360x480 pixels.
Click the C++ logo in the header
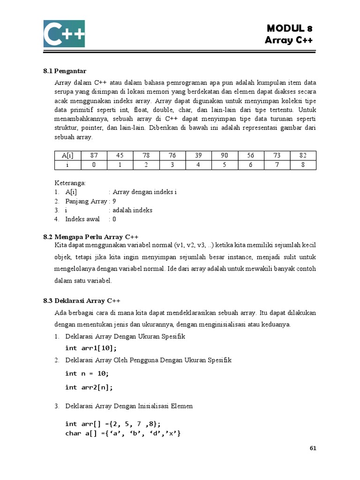pos(64,33)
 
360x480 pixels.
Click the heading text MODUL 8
pos(289,29)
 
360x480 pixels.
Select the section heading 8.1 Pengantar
pos(65,71)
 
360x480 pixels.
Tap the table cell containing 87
pos(94,156)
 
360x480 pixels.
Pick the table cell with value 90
pos(224,156)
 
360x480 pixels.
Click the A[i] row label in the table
pos(68,156)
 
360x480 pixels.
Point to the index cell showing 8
pos(303,165)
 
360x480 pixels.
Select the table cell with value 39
pos(198,156)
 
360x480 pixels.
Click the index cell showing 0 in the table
pos(94,165)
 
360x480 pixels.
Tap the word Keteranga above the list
pos(67,183)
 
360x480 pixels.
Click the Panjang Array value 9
pos(114,201)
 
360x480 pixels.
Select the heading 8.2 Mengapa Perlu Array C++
pos(91,236)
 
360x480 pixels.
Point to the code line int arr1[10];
pos(91,348)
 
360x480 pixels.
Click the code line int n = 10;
pos(87,373)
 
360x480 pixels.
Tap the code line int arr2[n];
pos(89,387)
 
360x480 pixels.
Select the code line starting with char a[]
pos(123,433)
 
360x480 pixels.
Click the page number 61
pos(313,448)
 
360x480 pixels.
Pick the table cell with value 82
pos(303,156)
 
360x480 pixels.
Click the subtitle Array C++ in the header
pos(289,40)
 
